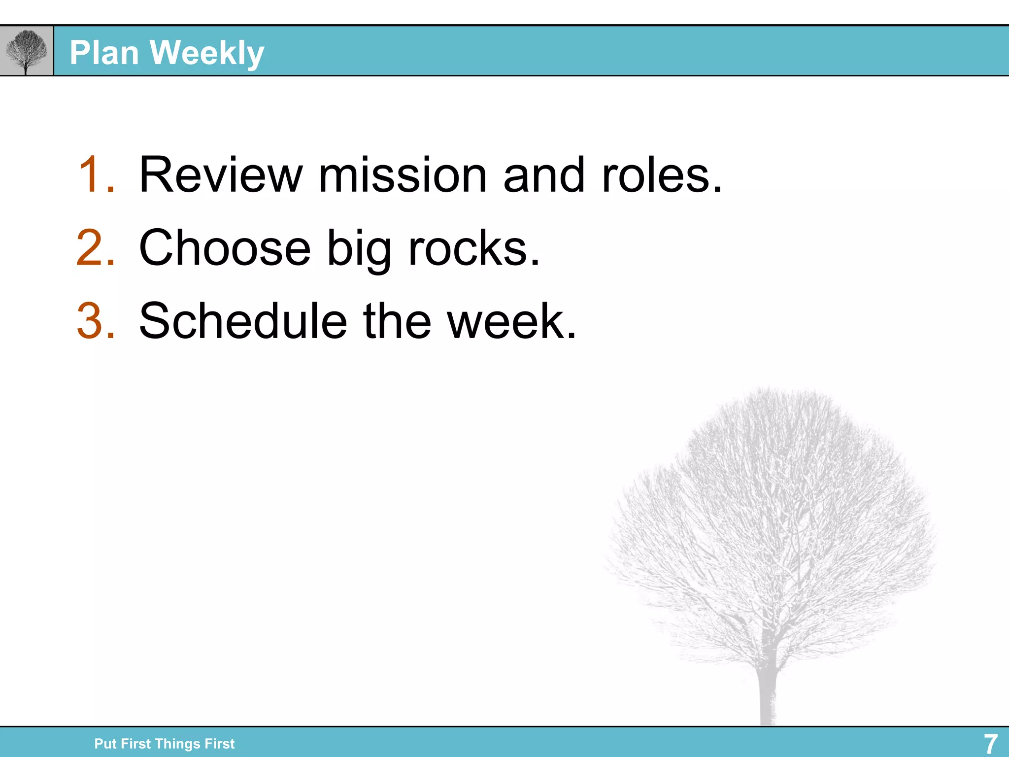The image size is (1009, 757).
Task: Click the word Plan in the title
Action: pos(104,53)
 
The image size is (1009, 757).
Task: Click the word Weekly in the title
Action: pos(207,53)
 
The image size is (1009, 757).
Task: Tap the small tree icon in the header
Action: pos(26,51)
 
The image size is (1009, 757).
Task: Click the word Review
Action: pos(221,174)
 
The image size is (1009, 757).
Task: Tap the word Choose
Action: pos(225,248)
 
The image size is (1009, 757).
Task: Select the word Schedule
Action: pos(243,321)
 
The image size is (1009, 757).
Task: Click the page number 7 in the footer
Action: pos(990,744)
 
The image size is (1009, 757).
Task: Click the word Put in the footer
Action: pos(105,744)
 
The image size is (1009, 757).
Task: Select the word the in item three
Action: pos(397,321)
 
